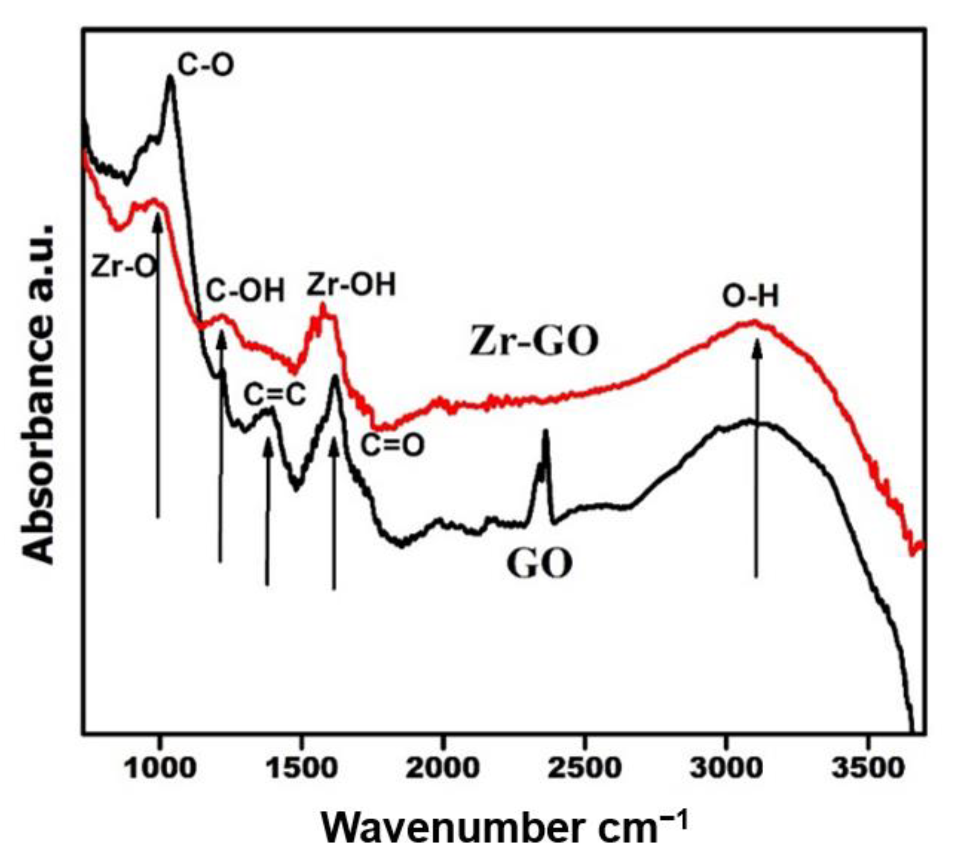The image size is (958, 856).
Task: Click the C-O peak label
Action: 206,65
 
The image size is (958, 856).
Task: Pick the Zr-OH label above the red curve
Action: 351,285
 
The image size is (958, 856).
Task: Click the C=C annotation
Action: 274,395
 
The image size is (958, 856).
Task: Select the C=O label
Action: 391,446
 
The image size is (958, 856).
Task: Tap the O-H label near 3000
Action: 750,296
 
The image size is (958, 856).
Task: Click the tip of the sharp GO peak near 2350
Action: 546,431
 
